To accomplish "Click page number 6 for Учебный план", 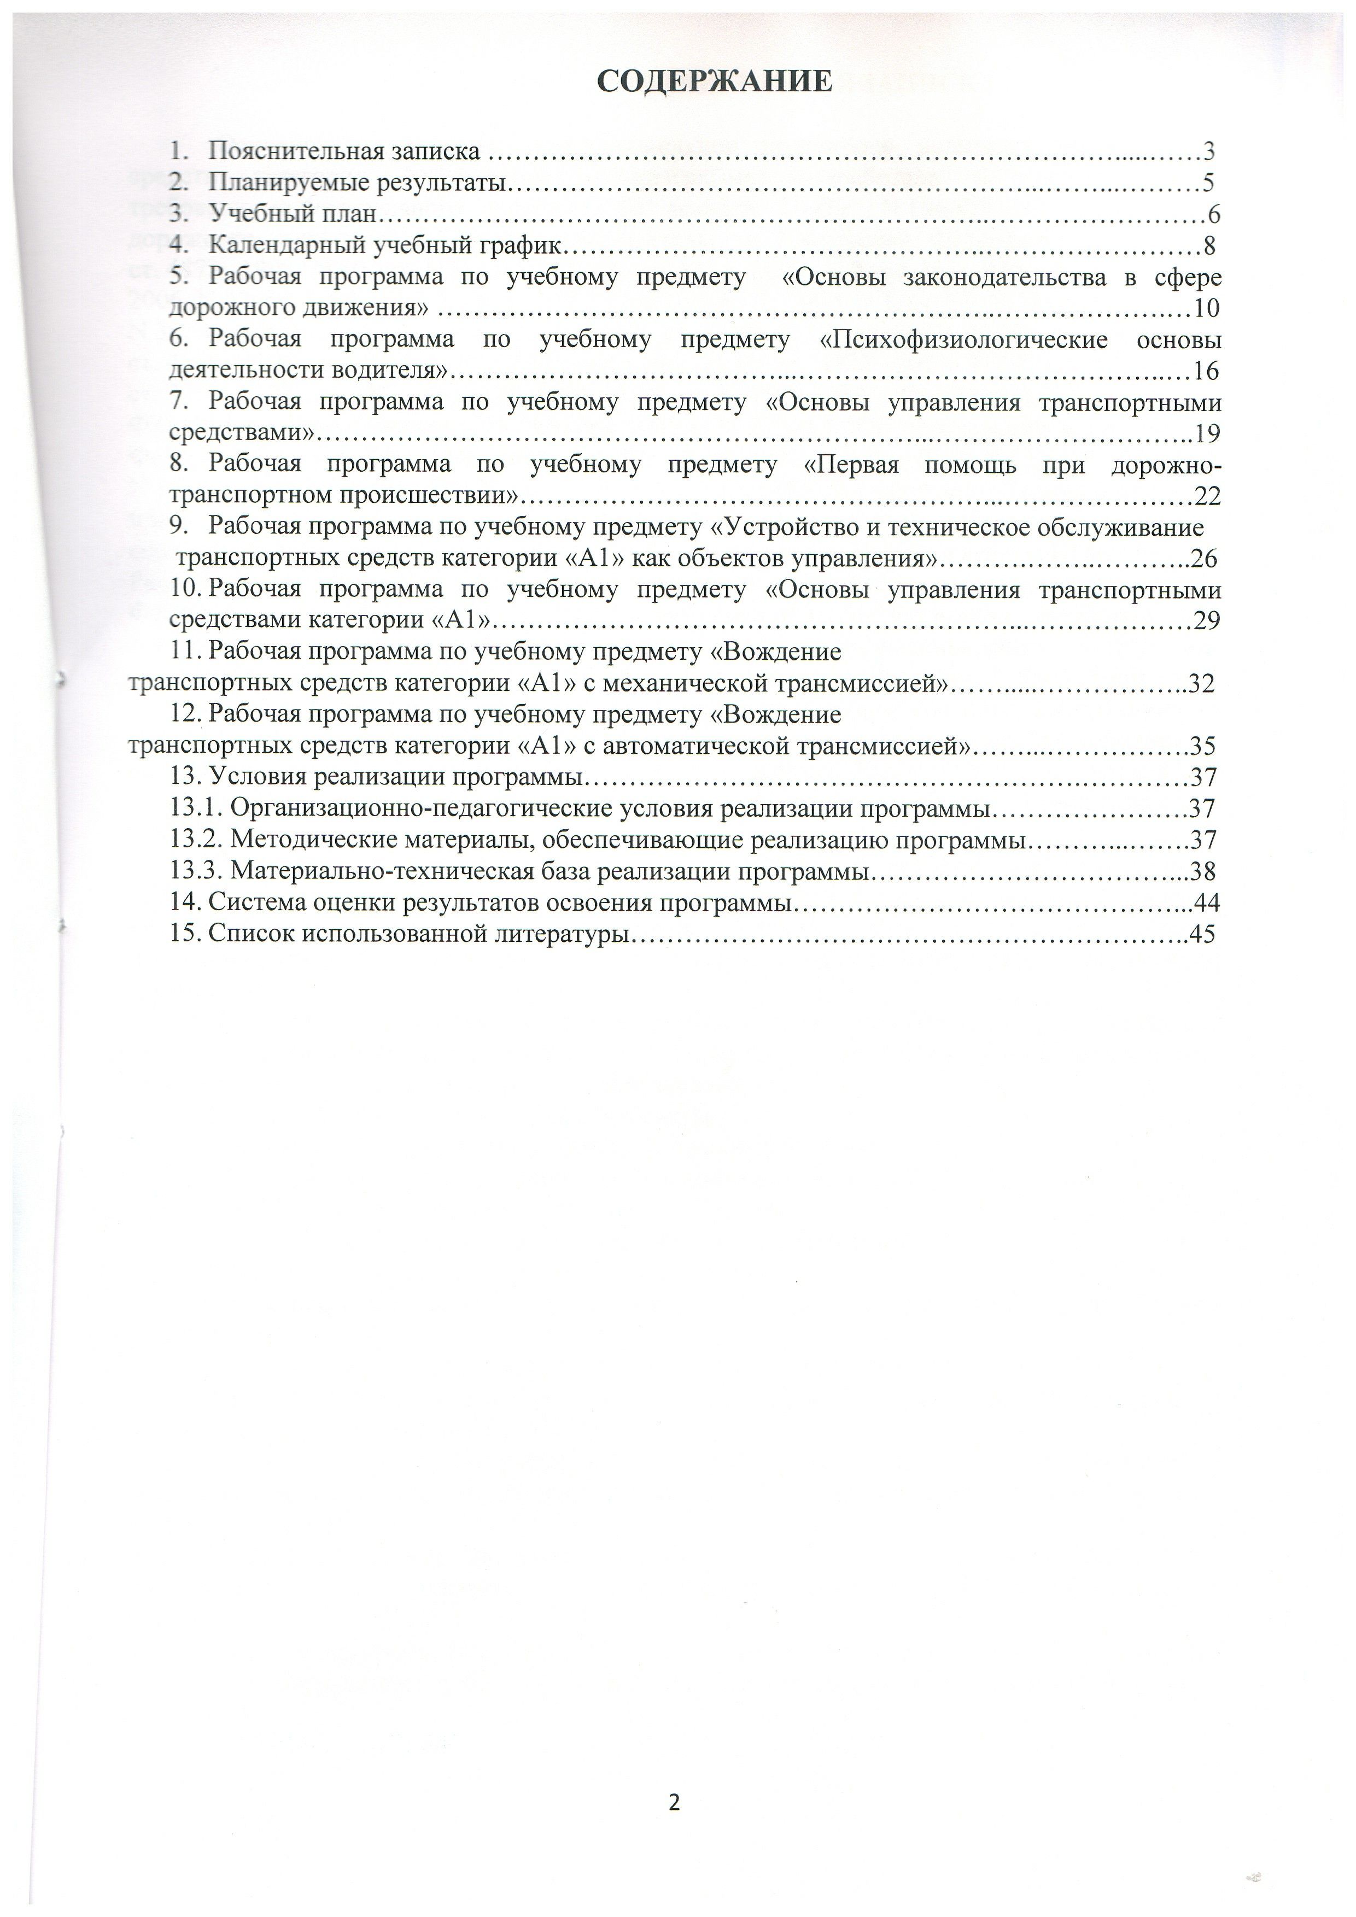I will (1213, 215).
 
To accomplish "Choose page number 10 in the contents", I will (1207, 309).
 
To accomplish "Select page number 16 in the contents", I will (1207, 371).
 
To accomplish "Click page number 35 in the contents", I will (1203, 746).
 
